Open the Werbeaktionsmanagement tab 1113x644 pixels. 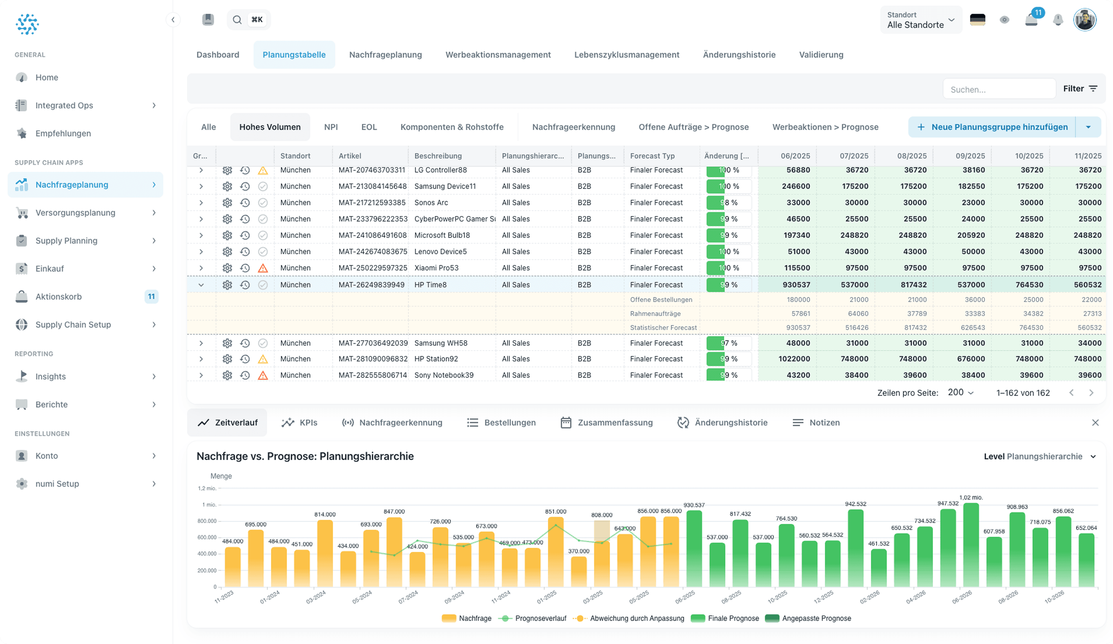[498, 55]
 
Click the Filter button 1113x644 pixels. [1079, 89]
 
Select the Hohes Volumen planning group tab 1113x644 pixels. [270, 127]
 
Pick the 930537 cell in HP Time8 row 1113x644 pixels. [796, 285]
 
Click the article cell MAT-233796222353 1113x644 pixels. [372, 219]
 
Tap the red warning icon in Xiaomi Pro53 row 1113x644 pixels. [263, 268]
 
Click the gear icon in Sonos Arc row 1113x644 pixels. [227, 203]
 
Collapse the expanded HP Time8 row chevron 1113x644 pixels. [201, 285]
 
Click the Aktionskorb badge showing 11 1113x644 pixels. [151, 297]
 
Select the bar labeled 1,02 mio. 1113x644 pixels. [970, 545]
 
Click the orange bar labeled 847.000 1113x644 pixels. [394, 552]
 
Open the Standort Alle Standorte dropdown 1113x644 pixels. [921, 20]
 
